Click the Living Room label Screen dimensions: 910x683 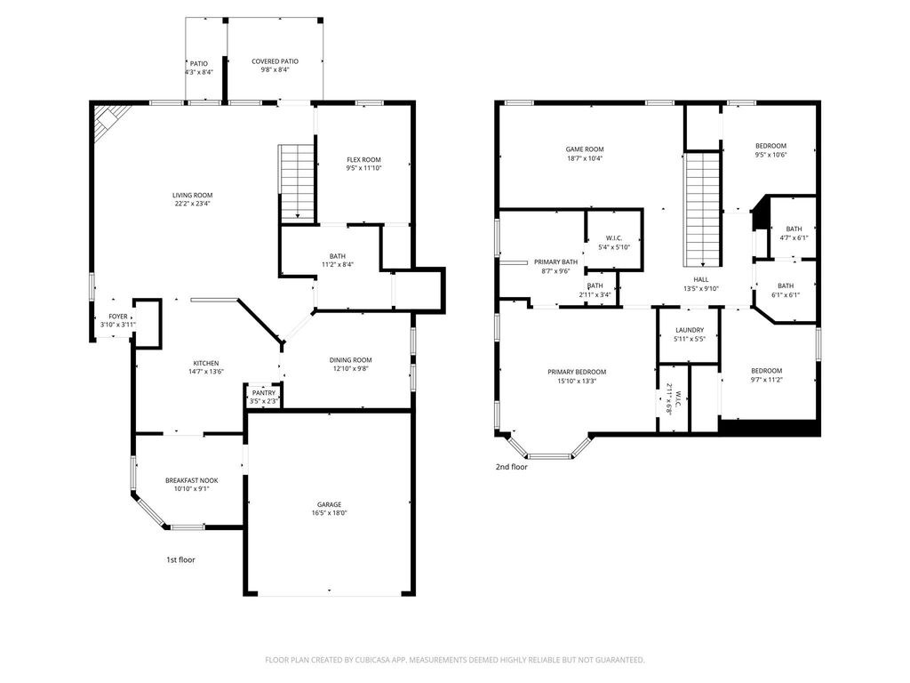pyautogui.click(x=192, y=195)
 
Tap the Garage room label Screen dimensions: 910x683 pyautogui.click(x=329, y=504)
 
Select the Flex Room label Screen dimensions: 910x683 pyautogui.click(x=363, y=160)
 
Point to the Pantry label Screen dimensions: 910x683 pyautogui.click(x=264, y=393)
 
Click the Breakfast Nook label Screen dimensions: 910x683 pyautogui.click(x=192, y=480)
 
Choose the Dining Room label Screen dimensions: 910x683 pyautogui.click(x=350, y=360)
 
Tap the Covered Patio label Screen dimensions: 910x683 pyautogui.click(x=275, y=61)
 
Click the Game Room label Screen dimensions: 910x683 pyautogui.click(x=585, y=149)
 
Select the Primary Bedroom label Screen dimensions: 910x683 pyautogui.click(x=577, y=372)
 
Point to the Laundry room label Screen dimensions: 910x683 pyautogui.click(x=690, y=330)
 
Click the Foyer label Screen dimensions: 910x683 pyautogui.click(x=118, y=317)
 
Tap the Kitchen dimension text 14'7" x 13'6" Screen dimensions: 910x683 pyautogui.click(x=206, y=372)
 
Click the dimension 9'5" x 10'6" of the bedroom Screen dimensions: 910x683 pyautogui.click(x=770, y=155)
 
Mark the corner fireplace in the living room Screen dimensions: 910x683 pyautogui.click(x=108, y=121)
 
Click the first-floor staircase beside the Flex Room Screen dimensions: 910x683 pyautogui.click(x=297, y=181)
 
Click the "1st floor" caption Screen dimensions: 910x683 pyautogui.click(x=180, y=560)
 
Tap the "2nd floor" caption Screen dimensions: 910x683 pyautogui.click(x=511, y=466)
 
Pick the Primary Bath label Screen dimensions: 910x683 pyautogui.click(x=556, y=262)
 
